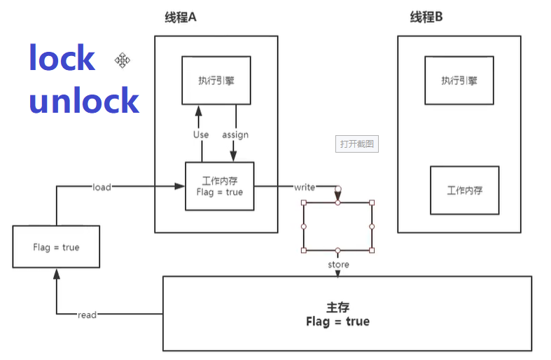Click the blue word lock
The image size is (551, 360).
62,58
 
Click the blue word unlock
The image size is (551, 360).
84,101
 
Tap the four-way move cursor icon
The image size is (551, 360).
123,61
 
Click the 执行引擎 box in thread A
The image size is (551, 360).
216,81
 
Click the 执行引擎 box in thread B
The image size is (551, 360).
459,81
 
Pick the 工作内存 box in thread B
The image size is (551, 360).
464,190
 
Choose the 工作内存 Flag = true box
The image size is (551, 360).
219,186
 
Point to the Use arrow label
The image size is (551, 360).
201,134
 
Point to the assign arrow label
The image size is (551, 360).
235,134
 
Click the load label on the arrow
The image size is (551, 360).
102,187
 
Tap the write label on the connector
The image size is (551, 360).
305,187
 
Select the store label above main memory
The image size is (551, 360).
338,265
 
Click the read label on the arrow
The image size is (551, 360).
87,315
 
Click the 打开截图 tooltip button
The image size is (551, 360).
357,144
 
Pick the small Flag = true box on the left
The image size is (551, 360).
56,247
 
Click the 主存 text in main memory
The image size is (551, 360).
337,307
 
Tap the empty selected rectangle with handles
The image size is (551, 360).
337,226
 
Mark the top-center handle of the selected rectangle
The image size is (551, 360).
337,202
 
